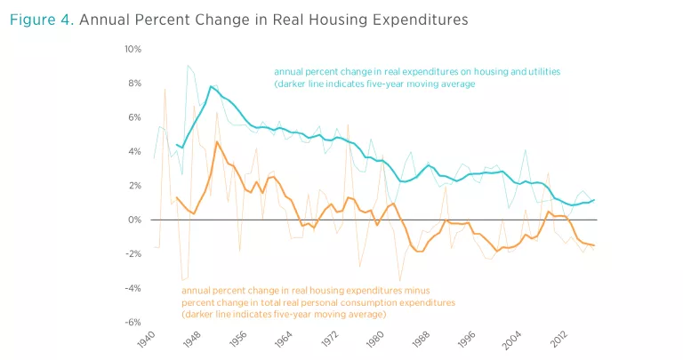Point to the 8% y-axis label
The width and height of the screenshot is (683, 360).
tap(133, 83)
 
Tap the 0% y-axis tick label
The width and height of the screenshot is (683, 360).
tap(133, 220)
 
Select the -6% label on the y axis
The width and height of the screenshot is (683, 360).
tap(132, 323)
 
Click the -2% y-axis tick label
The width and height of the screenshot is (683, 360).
tap(132, 254)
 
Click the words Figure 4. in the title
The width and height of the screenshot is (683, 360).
tap(40, 18)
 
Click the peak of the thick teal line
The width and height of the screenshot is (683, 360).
tap(211, 86)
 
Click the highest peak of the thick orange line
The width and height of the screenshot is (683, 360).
tap(217, 141)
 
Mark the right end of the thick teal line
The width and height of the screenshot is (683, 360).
tap(594, 200)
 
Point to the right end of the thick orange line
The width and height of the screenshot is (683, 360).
tap(594, 245)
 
